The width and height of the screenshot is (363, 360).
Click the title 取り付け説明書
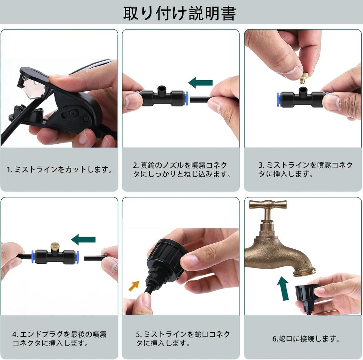[179, 13]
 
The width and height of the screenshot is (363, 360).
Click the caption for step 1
[59, 170]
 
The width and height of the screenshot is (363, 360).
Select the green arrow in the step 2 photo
[200, 83]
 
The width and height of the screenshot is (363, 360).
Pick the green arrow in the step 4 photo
[84, 239]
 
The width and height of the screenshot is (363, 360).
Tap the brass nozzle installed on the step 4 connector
[54, 247]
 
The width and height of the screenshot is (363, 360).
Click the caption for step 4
[59, 339]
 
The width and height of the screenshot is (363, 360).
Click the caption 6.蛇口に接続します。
[306, 339]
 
